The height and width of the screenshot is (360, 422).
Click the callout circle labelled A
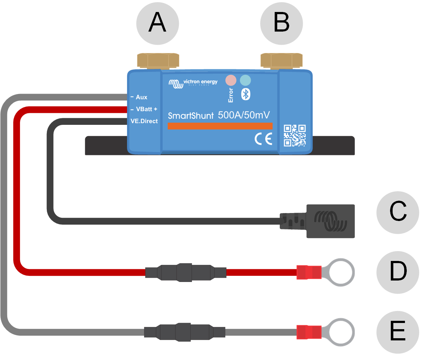pyautogui.click(x=157, y=24)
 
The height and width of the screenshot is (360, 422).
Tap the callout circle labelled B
pyautogui.click(x=282, y=24)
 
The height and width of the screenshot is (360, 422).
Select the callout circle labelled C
pyautogui.click(x=398, y=212)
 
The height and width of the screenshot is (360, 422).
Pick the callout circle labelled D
pyautogui.click(x=398, y=272)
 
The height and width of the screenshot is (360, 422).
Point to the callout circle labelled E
pyautogui.click(x=398, y=332)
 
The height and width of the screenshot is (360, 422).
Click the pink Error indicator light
pyautogui.click(x=231, y=80)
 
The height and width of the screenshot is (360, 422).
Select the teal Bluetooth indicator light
pyautogui.click(x=245, y=80)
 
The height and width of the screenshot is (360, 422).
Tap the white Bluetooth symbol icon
pyautogui.click(x=246, y=94)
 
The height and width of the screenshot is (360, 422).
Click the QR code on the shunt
pyautogui.click(x=294, y=135)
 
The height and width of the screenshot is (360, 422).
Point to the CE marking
pyautogui.click(x=263, y=139)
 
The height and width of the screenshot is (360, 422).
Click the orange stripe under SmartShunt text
pyautogui.click(x=220, y=126)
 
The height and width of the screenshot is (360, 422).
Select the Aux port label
pyautogui.click(x=141, y=97)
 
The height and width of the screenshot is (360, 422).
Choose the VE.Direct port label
pyautogui.click(x=144, y=121)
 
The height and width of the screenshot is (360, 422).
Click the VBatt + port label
pyautogui.click(x=146, y=109)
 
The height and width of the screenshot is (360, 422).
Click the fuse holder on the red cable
pyautogui.click(x=185, y=272)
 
